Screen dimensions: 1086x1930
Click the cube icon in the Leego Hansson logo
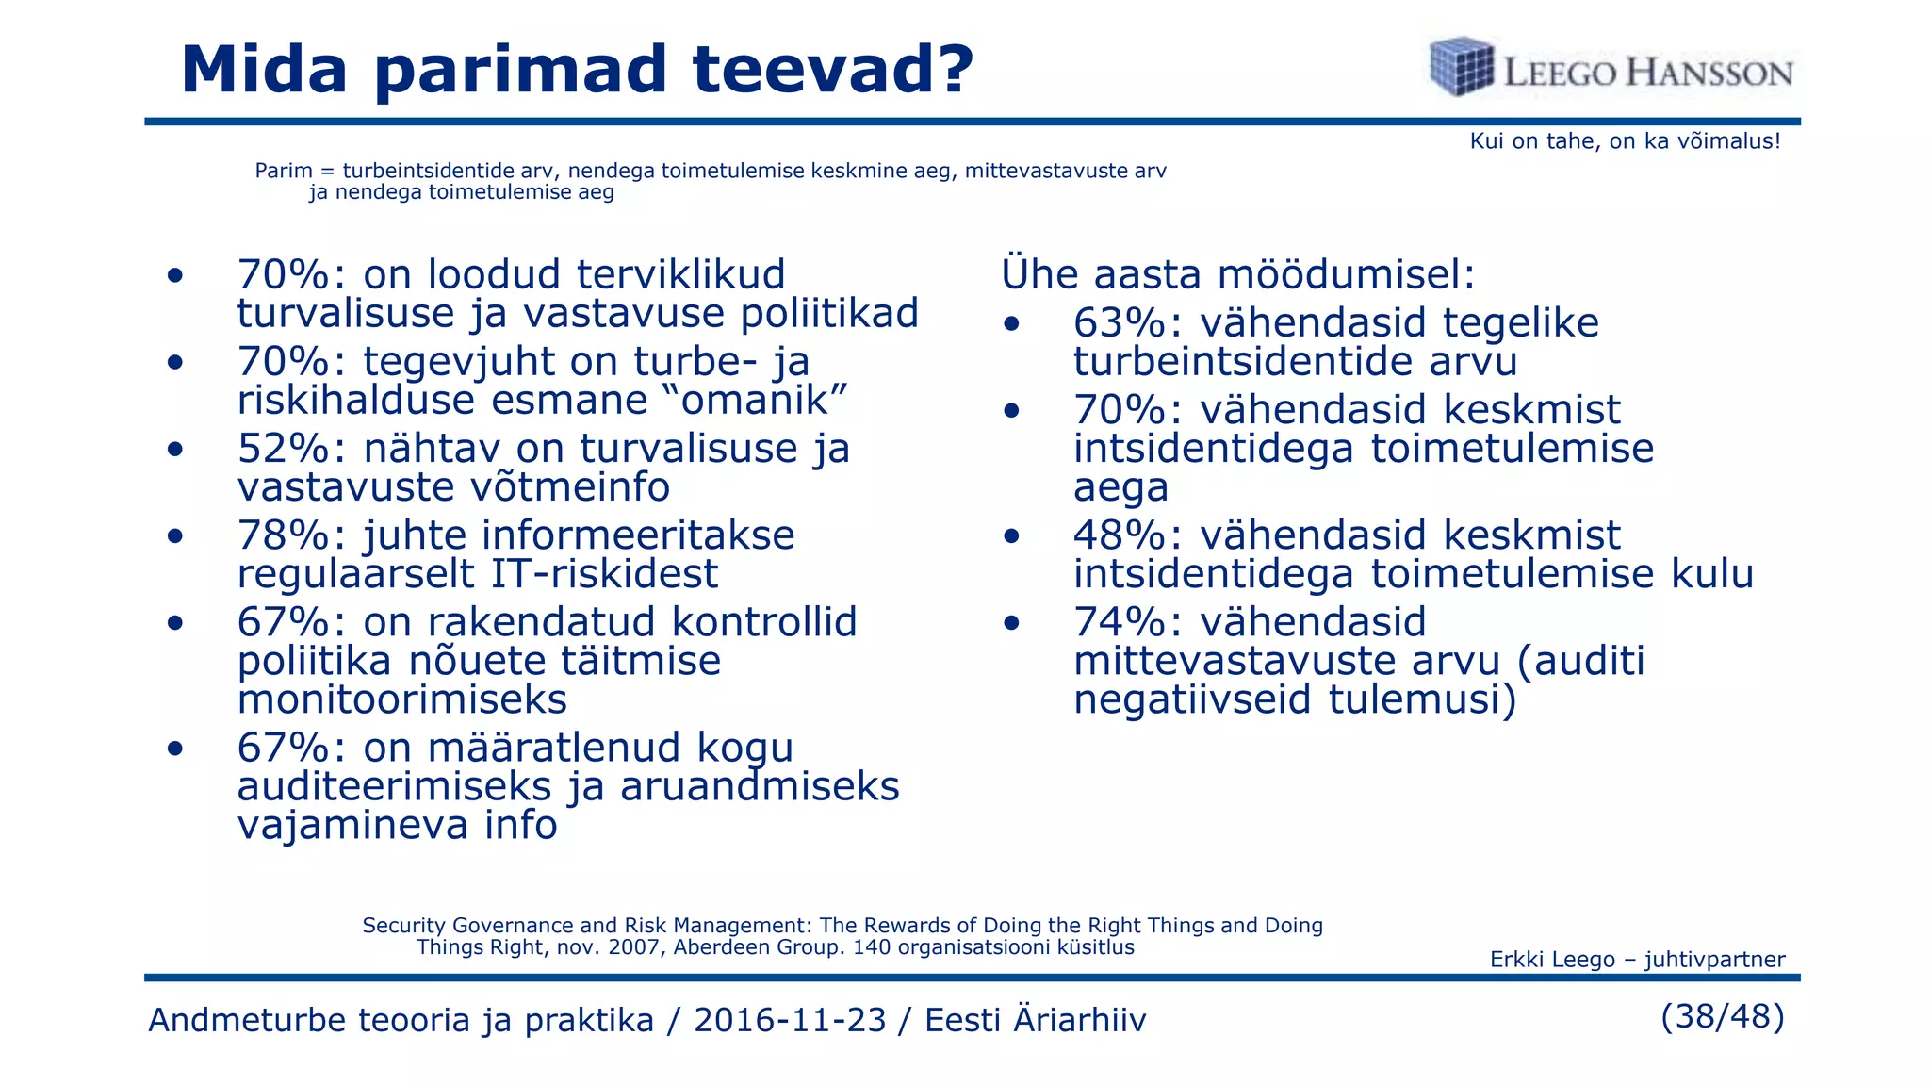point(1461,66)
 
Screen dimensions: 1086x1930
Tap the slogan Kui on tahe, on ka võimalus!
point(1625,141)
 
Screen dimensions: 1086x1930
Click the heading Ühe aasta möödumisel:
point(1237,274)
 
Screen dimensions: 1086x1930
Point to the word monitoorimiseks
point(402,699)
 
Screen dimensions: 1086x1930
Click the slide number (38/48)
point(1722,1016)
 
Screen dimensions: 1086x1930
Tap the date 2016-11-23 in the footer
point(790,1020)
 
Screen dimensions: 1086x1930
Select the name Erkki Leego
point(1552,960)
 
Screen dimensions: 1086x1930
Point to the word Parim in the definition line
point(283,172)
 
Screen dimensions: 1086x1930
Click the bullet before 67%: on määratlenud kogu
point(174,749)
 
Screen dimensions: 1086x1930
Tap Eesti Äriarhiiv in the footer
point(1035,1020)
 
